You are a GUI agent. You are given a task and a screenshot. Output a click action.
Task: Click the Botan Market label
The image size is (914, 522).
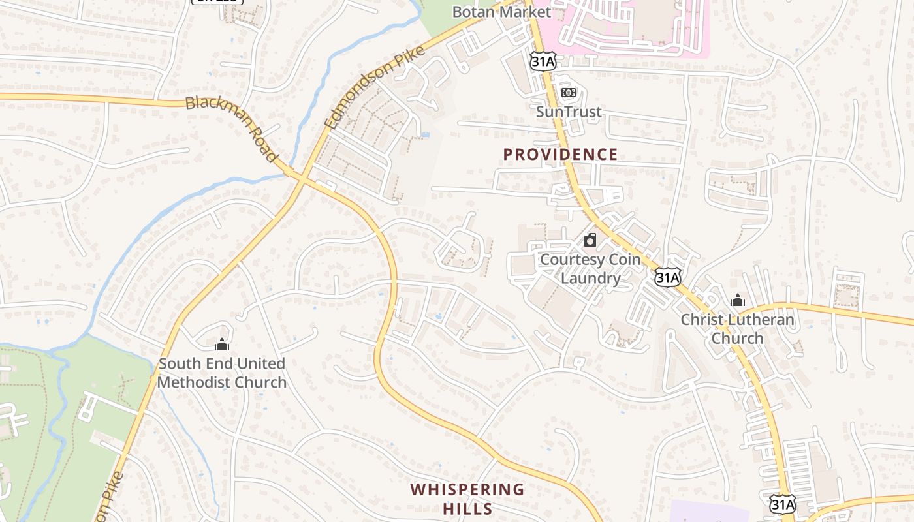click(501, 12)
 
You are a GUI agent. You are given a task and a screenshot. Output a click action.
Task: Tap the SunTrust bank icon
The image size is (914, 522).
click(569, 93)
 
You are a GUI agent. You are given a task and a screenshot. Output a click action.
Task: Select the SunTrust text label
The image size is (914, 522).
click(569, 112)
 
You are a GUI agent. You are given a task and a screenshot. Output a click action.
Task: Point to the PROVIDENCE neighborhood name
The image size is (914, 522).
click(560, 155)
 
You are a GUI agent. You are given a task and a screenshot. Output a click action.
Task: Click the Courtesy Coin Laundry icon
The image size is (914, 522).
click(590, 240)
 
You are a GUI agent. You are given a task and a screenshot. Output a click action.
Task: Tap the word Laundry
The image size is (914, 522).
click(590, 279)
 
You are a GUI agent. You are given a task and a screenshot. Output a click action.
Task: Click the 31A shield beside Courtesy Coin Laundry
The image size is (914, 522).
click(668, 277)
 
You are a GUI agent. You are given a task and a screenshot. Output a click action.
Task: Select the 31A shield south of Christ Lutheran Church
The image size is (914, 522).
click(782, 503)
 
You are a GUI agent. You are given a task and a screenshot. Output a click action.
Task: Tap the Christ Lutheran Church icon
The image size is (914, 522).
click(738, 301)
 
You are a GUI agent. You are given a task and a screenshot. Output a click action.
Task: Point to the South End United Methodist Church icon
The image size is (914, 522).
click(222, 344)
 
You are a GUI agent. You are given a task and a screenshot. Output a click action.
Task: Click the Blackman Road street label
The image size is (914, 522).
click(232, 129)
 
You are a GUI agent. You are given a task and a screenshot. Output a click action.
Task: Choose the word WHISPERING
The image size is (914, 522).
click(467, 489)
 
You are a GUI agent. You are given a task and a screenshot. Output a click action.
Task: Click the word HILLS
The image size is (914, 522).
click(467, 508)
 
